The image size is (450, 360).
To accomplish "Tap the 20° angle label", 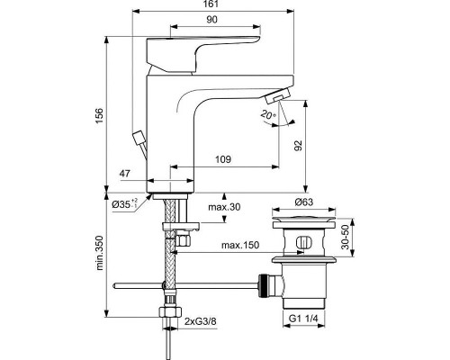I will tap(266, 115).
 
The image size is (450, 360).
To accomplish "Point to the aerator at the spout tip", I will tap(281, 95).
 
